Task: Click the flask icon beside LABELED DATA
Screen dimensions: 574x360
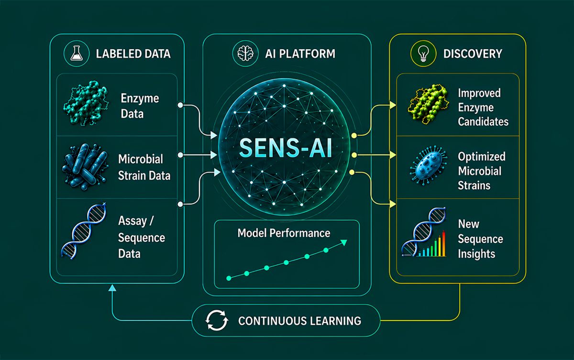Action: pos(77,53)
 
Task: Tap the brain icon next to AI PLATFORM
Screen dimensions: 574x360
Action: pos(245,54)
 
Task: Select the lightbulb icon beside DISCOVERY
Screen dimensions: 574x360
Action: pos(423,53)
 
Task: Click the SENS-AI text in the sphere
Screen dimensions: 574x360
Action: pos(286,148)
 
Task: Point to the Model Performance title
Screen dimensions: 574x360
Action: pos(284,233)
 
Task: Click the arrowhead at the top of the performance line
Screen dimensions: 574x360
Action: pos(344,242)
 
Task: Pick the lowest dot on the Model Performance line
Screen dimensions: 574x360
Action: pos(229,278)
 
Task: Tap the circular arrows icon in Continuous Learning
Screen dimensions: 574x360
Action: pos(217,320)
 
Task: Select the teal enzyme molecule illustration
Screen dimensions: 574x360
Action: pos(86,103)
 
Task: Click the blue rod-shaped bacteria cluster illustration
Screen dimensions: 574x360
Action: pos(85,167)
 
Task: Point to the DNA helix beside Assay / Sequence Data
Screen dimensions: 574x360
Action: pos(84,231)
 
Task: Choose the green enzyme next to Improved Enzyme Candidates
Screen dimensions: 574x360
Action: pos(428,104)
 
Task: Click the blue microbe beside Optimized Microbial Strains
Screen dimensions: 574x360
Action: pos(429,165)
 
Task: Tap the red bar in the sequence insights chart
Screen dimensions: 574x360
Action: pos(443,243)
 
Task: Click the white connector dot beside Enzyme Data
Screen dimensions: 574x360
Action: pos(180,105)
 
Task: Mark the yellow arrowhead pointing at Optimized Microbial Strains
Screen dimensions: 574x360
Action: pos(393,155)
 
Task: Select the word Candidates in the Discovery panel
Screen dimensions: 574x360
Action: pos(483,121)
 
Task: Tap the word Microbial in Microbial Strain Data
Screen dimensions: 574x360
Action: pos(141,159)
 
